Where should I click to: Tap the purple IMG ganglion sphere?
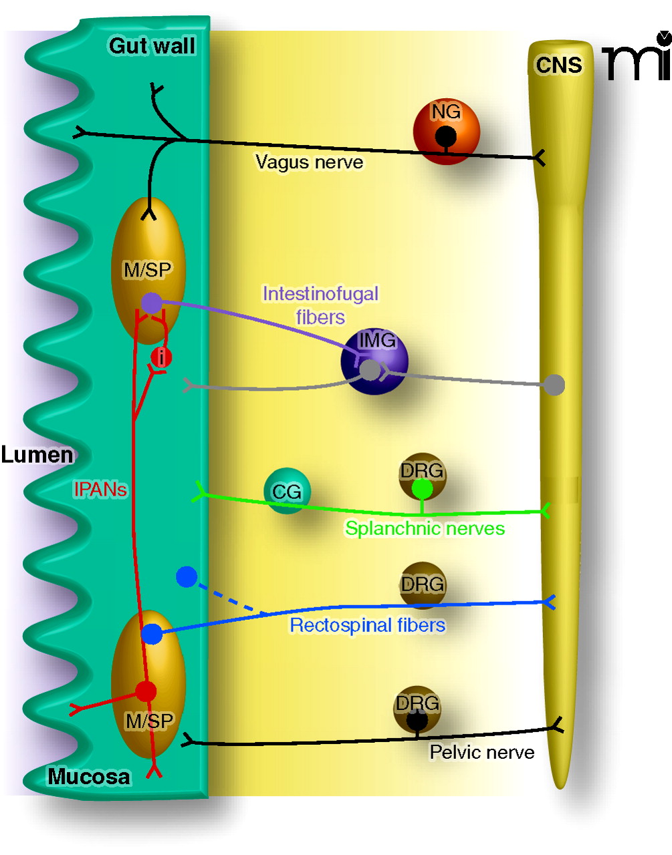click(x=374, y=361)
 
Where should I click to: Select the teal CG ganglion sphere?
click(x=287, y=491)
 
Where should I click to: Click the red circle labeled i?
click(x=161, y=357)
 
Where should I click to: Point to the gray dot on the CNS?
click(x=554, y=385)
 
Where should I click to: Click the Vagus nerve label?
click(x=310, y=162)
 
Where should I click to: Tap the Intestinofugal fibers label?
click(x=320, y=305)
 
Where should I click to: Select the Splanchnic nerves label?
click(x=425, y=528)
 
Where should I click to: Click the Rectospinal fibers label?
click(x=367, y=625)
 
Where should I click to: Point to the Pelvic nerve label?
click(x=481, y=753)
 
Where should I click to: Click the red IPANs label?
click(x=100, y=490)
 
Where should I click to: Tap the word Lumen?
click(x=37, y=455)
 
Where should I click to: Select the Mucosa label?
click(x=89, y=777)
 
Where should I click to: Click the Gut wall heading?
click(x=152, y=46)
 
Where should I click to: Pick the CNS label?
click(x=559, y=65)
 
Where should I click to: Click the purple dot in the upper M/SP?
click(x=152, y=303)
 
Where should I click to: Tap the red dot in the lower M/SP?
click(x=145, y=691)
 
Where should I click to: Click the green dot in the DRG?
click(x=422, y=489)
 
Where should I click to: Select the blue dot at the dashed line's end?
click(x=187, y=577)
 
